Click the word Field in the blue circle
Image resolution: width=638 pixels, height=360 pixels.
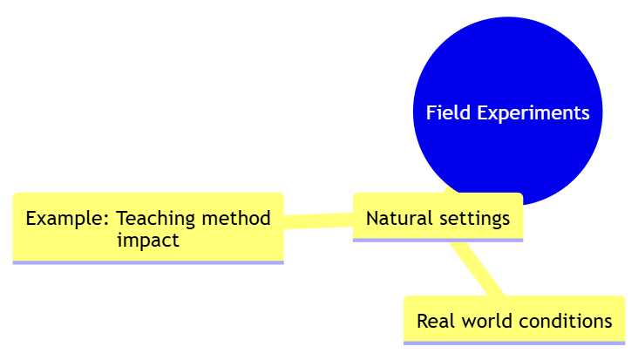coord(445,113)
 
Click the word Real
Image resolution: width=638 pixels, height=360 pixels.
coord(435,321)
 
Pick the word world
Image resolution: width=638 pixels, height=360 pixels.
coord(485,321)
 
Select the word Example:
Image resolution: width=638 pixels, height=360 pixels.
coord(68,218)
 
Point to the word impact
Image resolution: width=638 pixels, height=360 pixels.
coord(148,240)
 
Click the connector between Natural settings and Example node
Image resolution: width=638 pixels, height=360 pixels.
coord(318,220)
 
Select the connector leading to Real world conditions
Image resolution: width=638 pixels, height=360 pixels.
coord(478,268)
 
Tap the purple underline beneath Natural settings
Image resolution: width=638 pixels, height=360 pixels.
coord(438,240)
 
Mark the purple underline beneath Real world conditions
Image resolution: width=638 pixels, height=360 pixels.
coord(514,343)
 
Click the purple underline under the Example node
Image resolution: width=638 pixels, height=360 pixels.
coord(148,262)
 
